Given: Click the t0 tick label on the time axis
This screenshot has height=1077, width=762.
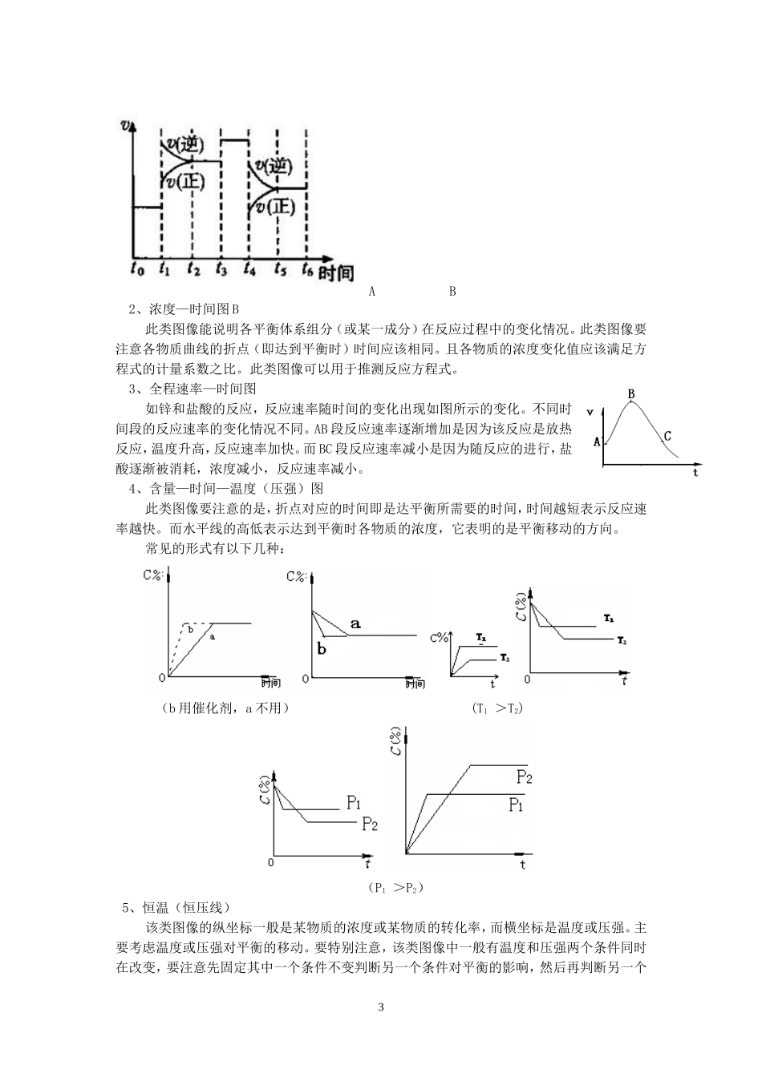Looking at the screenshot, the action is pyautogui.click(x=137, y=271).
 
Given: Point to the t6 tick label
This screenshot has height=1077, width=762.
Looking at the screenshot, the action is pyautogui.click(x=307, y=271).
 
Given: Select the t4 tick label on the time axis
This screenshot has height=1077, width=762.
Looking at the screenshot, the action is pyautogui.click(x=249, y=271).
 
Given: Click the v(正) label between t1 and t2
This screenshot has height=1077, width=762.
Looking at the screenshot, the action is pyautogui.click(x=185, y=181).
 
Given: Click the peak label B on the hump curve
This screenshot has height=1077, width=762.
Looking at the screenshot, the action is pyautogui.click(x=631, y=393).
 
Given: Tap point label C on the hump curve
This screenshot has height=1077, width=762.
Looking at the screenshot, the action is pyautogui.click(x=667, y=436).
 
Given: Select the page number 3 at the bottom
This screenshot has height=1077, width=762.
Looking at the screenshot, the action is pyautogui.click(x=381, y=1007).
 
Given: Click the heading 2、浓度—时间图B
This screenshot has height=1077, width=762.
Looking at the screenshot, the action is pyautogui.click(x=184, y=309).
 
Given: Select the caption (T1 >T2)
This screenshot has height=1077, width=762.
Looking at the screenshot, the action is pyautogui.click(x=497, y=708).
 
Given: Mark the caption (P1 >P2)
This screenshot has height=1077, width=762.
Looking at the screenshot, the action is pyautogui.click(x=395, y=887).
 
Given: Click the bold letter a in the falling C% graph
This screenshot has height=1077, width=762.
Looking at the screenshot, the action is pyautogui.click(x=356, y=623).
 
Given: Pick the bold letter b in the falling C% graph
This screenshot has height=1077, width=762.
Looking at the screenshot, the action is pyautogui.click(x=322, y=649).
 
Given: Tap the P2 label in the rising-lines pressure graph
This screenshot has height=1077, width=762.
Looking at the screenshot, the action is pyautogui.click(x=525, y=776).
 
